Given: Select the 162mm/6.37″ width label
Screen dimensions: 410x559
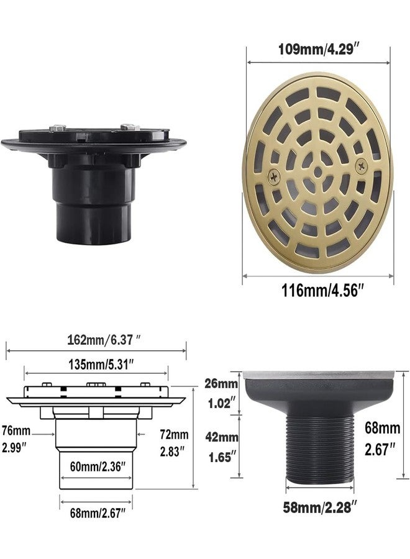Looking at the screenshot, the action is (104, 340).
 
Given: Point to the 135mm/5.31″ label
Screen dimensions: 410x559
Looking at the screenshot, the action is (101, 365).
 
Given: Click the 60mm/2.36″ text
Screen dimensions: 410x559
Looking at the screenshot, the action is (98, 466).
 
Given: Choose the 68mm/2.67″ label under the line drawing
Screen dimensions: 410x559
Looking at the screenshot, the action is (98, 513).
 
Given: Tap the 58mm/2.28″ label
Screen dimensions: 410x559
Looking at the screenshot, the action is (320, 507).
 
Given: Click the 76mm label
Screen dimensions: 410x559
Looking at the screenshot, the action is (16, 430).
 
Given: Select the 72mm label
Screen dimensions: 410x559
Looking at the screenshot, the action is (174, 434).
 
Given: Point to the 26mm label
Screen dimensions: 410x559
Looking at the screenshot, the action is (221, 384).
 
